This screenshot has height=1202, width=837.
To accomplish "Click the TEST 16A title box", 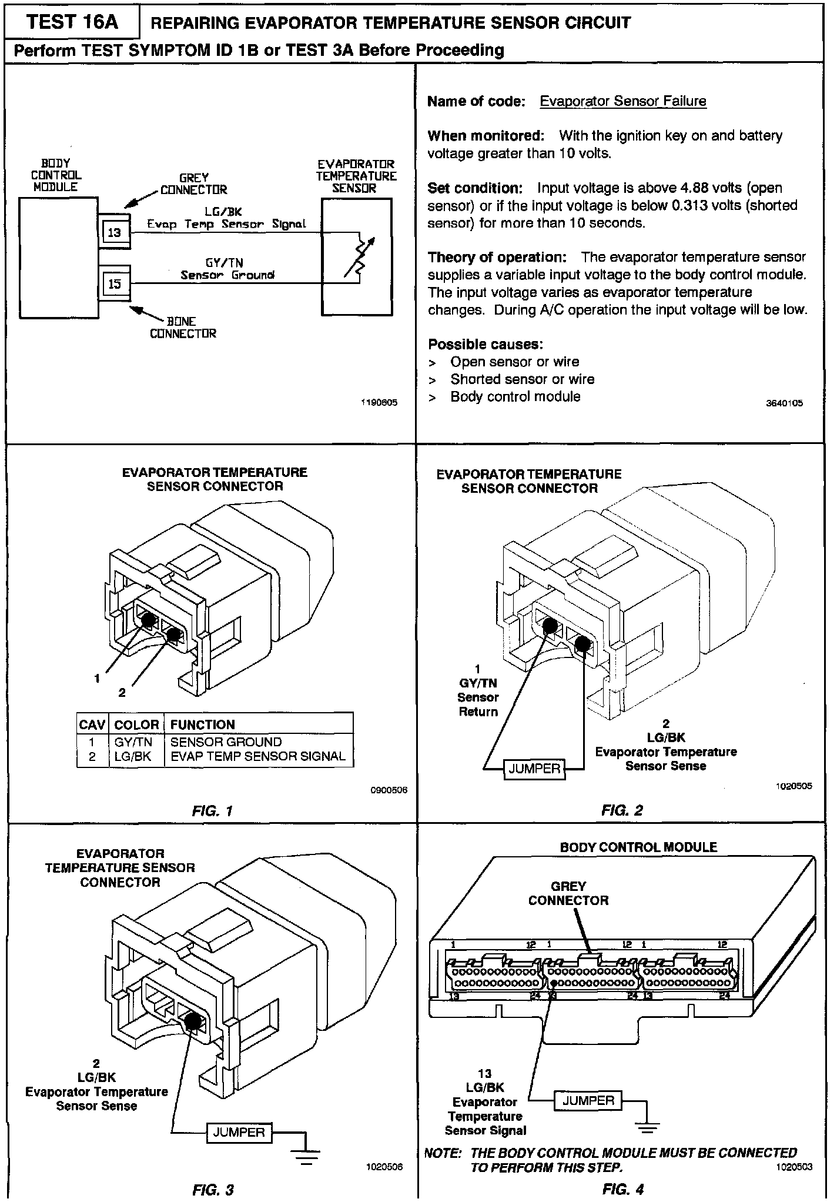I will [72, 22].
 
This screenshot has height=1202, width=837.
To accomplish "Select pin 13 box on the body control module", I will [115, 232].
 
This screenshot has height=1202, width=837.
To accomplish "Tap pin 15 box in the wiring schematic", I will [115, 284].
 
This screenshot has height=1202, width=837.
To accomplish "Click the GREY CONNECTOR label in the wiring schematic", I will [193, 183].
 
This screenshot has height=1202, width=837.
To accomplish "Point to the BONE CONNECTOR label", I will [183, 328].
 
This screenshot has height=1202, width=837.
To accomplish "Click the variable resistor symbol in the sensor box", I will [359, 256].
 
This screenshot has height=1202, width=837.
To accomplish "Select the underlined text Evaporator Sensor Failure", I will [623, 101].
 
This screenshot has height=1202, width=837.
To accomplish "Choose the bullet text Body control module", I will [515, 397].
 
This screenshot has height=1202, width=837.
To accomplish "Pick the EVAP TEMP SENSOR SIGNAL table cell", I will [258, 756].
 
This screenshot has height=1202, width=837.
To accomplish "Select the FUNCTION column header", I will [202, 724].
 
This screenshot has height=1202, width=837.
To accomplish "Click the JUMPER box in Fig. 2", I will [534, 769].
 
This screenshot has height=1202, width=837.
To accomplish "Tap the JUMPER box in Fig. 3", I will [239, 1132].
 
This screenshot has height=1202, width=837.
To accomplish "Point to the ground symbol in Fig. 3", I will [306, 1157].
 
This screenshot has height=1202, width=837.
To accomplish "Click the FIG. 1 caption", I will [213, 811].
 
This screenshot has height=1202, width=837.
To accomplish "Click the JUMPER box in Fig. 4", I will [588, 1101].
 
